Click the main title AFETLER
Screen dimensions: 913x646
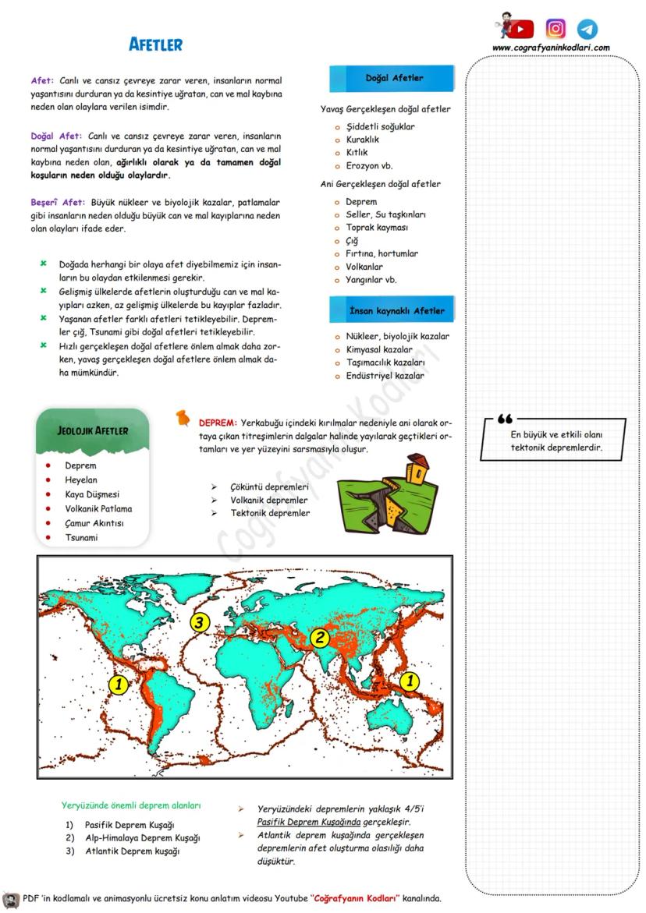[x=155, y=45]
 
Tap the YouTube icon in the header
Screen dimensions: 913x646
[x=521, y=29]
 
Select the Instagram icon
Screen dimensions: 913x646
[x=555, y=29]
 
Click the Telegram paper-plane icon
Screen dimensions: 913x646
[x=587, y=29]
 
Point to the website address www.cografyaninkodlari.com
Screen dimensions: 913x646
[x=551, y=48]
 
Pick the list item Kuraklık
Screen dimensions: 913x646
[x=362, y=140]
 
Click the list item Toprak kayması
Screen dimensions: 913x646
[x=377, y=228]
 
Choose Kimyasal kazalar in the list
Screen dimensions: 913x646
[x=379, y=349]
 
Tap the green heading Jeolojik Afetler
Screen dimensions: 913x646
[x=93, y=431]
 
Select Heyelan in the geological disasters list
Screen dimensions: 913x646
[x=81, y=480]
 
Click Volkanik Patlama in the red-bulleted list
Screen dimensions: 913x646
[x=98, y=509]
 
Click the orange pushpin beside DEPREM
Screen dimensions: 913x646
[x=183, y=419]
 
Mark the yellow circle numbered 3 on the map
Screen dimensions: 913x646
[x=201, y=622]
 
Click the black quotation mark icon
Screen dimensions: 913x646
[x=504, y=419]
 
